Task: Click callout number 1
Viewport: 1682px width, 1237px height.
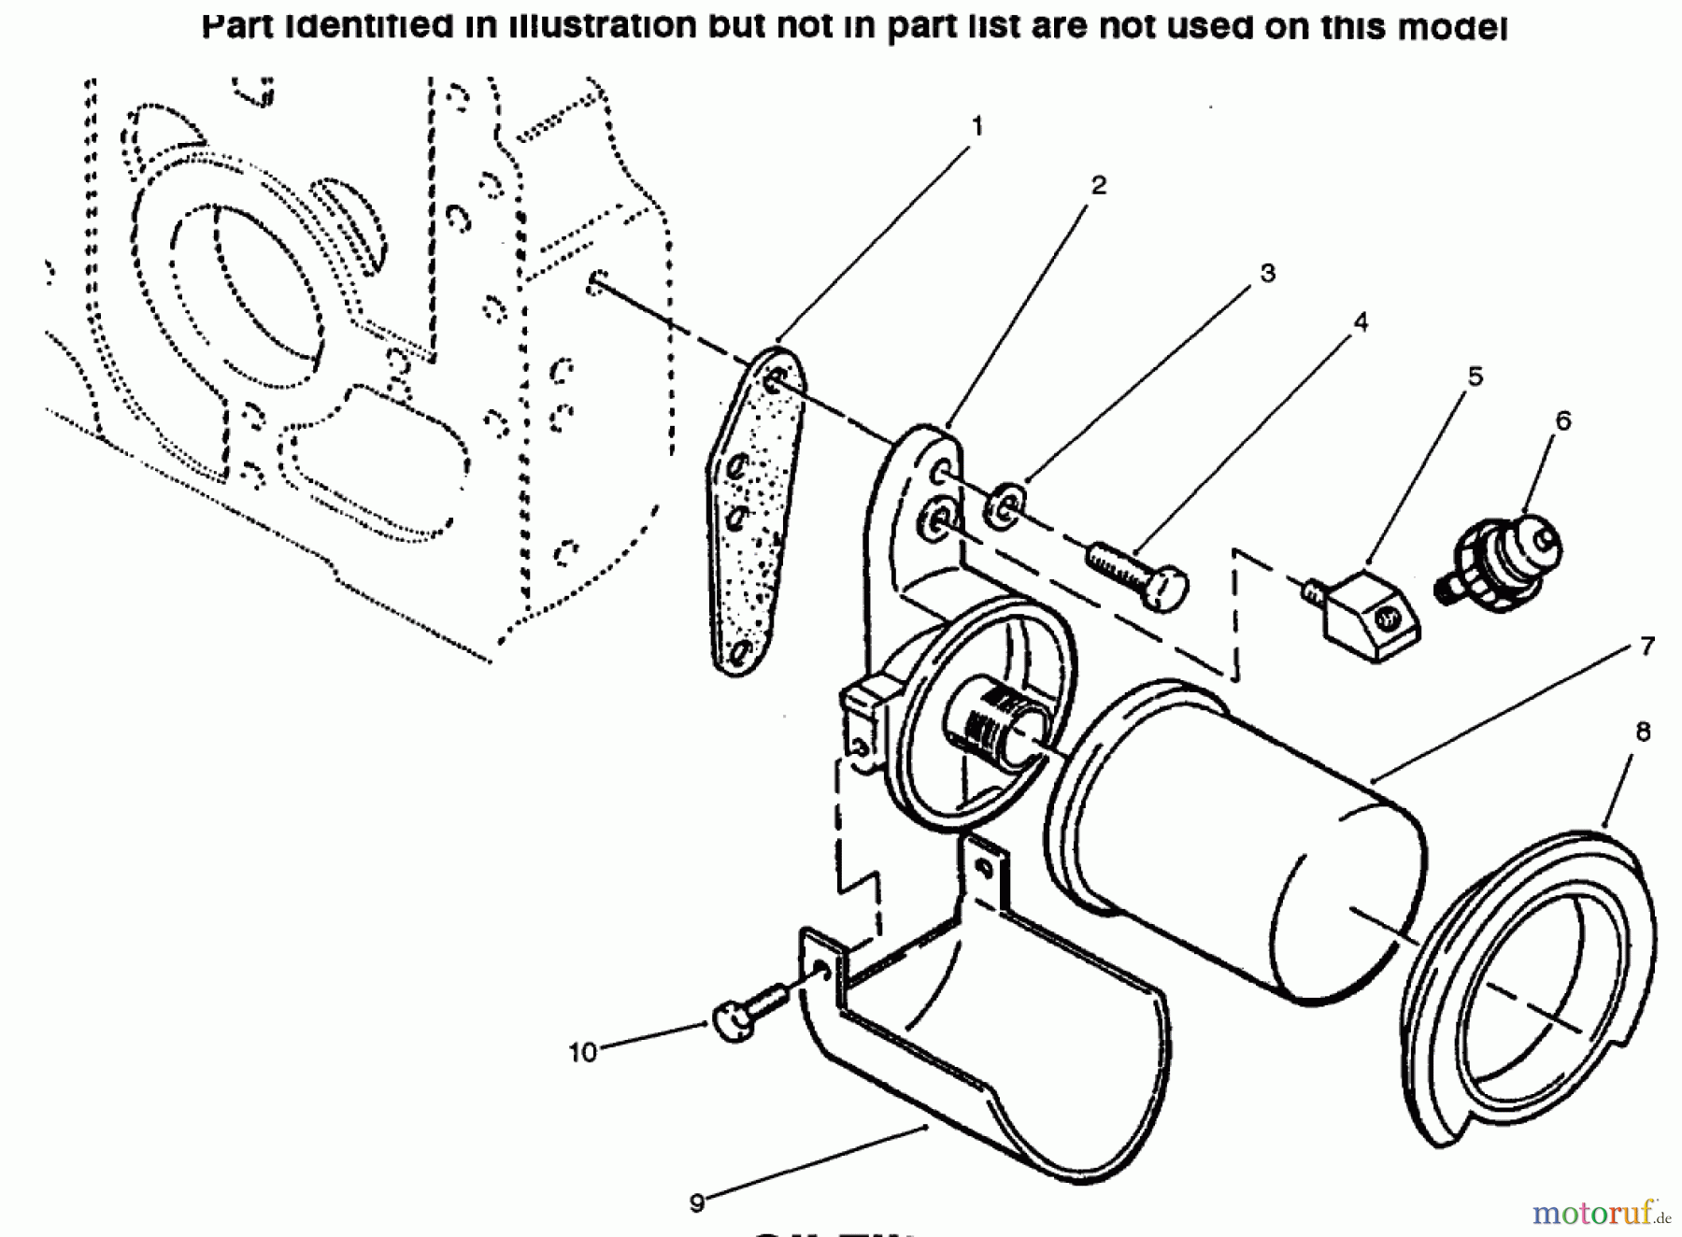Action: coord(977,125)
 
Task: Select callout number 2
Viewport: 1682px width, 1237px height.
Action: coord(1098,185)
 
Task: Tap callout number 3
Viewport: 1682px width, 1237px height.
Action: coord(1267,273)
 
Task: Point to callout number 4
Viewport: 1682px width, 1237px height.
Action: coord(1361,322)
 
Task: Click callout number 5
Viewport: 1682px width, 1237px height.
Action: coord(1475,377)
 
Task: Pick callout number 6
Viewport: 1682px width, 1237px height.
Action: coord(1562,420)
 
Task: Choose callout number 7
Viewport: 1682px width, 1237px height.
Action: coord(1646,646)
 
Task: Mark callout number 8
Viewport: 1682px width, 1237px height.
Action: coord(1643,732)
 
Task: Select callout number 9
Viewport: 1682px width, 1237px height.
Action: coord(696,1202)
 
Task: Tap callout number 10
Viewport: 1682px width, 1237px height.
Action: coord(582,1052)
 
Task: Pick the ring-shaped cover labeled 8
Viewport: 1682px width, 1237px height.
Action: coord(1532,981)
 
